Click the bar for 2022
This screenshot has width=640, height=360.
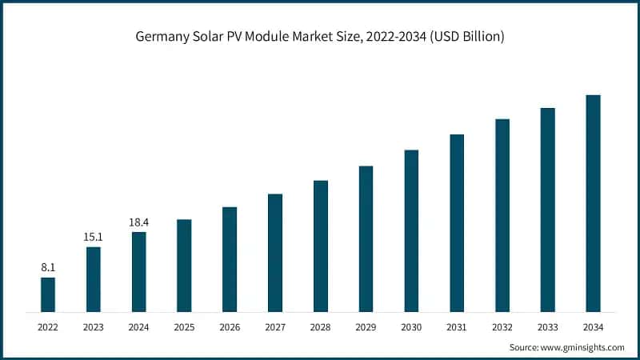tap(48, 294)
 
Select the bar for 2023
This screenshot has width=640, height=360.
tap(94, 279)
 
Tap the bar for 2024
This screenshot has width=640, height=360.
tap(139, 272)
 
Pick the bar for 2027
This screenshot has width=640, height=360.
tap(275, 253)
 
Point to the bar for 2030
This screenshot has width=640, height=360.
tap(411, 230)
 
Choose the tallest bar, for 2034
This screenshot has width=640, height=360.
tap(593, 203)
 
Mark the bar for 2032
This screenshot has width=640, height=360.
tap(502, 215)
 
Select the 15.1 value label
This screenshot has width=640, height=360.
tap(94, 237)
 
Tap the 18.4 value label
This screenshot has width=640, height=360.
tap(139, 222)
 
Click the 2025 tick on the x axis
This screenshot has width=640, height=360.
tap(184, 327)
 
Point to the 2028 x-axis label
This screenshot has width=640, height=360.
tap(321, 327)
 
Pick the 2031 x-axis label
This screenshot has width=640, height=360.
tap(457, 327)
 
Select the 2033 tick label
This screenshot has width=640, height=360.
tap(547, 327)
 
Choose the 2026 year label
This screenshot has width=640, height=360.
tap(230, 327)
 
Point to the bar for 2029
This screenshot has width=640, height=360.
tap(366, 238)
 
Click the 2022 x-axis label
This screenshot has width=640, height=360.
tap(48, 327)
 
